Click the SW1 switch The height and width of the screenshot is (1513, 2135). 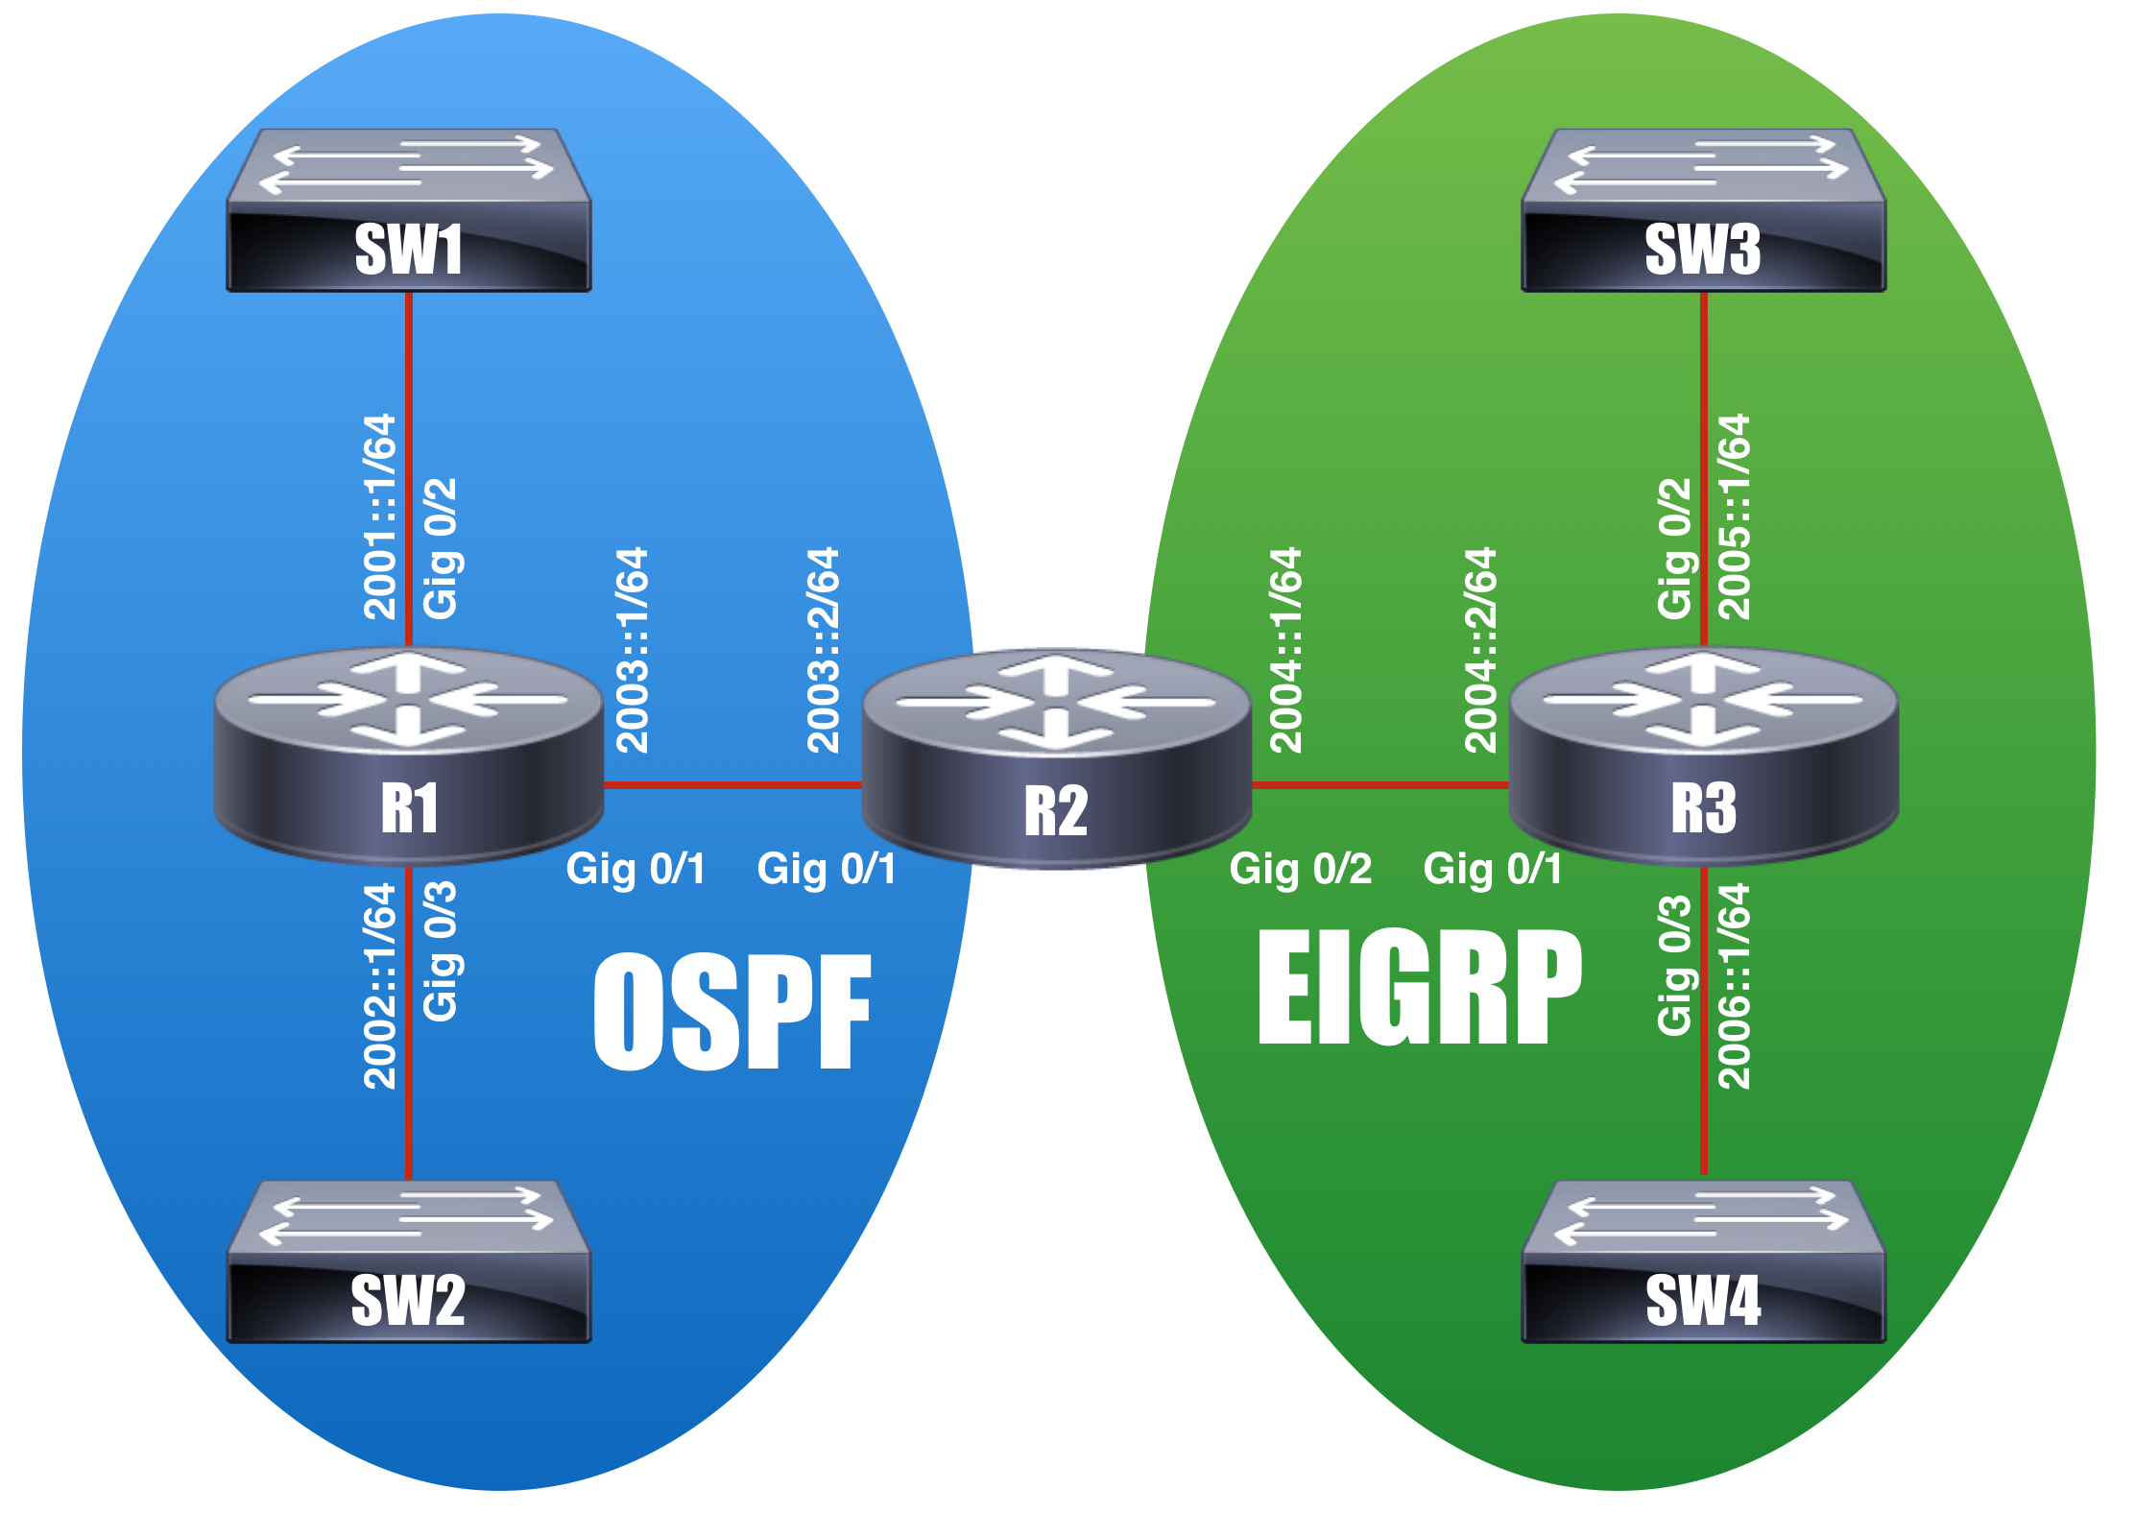point(409,210)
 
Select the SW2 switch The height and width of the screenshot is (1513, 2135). point(409,1261)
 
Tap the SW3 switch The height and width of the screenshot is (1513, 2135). point(1704,210)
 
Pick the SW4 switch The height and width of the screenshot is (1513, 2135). point(1704,1261)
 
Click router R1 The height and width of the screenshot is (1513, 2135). point(409,756)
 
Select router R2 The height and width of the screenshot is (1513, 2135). point(1057,759)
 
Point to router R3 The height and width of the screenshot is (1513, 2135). point(1704,756)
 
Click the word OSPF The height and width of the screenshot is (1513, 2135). point(732,1012)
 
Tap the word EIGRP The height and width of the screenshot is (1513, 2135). point(1420,988)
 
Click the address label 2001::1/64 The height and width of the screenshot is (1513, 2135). point(380,516)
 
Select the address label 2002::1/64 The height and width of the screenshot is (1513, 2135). point(380,986)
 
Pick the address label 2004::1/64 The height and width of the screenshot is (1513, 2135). point(1286,650)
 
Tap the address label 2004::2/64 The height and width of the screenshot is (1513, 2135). point(1480,650)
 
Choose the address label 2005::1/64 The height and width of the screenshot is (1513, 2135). point(1734,516)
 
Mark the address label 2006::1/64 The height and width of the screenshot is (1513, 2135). point(1734,986)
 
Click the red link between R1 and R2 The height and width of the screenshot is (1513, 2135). point(733,785)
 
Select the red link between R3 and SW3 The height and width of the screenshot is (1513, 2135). point(1704,469)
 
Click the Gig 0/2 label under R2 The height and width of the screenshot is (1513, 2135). point(1301,870)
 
